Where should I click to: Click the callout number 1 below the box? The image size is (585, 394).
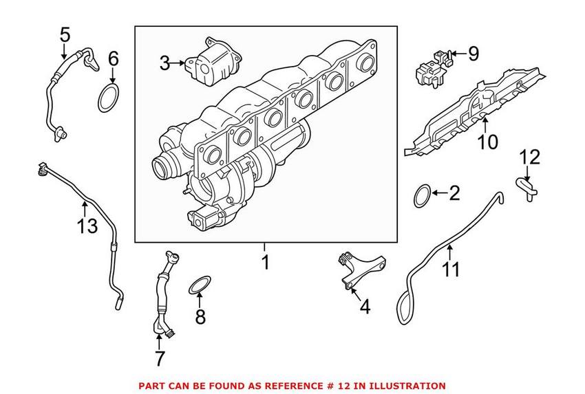pyautogui.click(x=265, y=262)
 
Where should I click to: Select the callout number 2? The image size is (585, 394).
pyautogui.click(x=453, y=193)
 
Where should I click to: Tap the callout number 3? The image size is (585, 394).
pyautogui.click(x=164, y=64)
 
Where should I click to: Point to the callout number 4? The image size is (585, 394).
pyautogui.click(x=365, y=307)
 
